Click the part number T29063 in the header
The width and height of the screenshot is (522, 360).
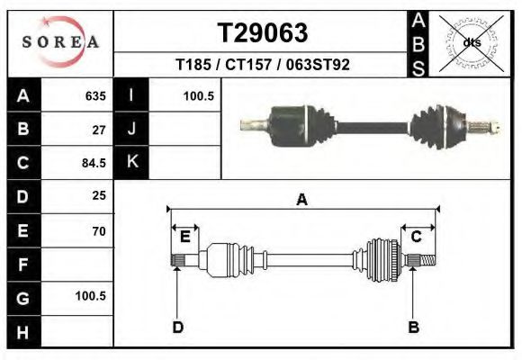(263, 33)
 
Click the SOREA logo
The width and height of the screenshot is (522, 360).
(60, 41)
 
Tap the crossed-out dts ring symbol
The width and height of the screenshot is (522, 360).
(471, 42)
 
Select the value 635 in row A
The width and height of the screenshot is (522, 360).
(95, 96)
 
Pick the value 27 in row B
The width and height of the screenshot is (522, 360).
(99, 130)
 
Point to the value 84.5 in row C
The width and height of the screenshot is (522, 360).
(94, 163)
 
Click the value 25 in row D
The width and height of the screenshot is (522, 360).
(99, 195)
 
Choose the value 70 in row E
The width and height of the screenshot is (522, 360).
(99, 231)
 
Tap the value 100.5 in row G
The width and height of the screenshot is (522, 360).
(91, 296)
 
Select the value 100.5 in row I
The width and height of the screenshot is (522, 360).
(199, 96)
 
